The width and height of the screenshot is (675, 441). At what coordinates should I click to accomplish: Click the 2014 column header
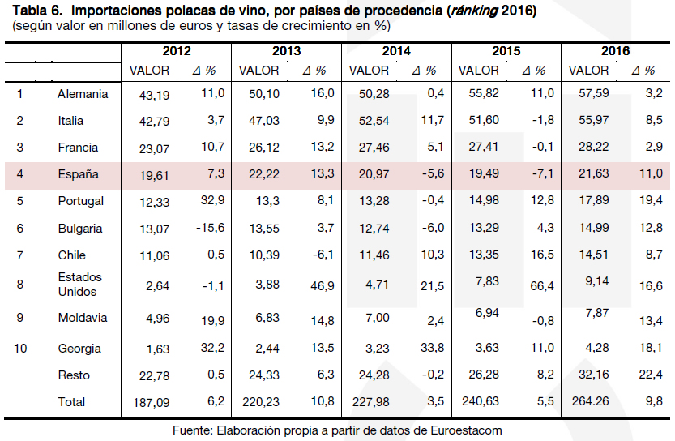coord(396,51)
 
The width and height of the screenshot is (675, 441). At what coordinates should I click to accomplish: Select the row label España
coord(78,174)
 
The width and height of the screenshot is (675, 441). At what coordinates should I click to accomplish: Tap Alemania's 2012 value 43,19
coord(154,95)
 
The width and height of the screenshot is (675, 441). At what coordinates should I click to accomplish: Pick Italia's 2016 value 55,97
coord(593,121)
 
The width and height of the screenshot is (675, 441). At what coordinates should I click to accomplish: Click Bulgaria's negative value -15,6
coord(210,228)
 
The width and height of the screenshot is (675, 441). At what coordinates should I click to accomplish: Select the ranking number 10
coord(20,349)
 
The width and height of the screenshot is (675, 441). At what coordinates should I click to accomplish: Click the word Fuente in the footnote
coord(193,430)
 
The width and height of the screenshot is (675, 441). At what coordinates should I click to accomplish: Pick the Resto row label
coord(74,375)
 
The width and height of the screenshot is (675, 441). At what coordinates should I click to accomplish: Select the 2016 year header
coord(616,51)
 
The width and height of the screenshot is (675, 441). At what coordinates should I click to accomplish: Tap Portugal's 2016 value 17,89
coord(593,202)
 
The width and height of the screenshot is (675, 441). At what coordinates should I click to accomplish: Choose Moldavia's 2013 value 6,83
coord(264,318)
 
